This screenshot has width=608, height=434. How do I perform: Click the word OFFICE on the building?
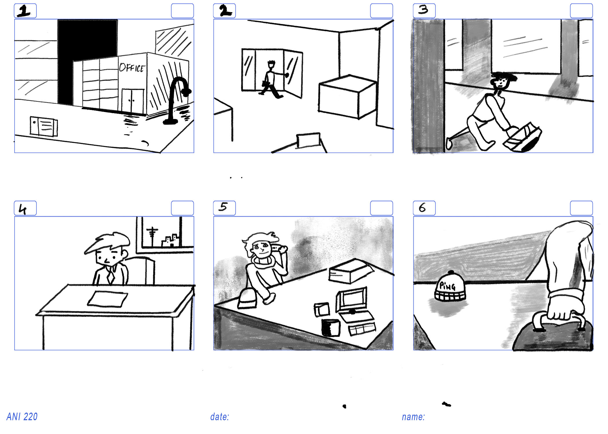pos(132,68)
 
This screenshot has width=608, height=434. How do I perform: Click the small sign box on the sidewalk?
pos(44,126)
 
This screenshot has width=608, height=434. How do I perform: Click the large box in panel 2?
pos(347,97)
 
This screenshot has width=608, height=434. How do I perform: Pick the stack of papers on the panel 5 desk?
pos(351,271)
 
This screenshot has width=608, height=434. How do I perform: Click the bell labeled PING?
pos(450,286)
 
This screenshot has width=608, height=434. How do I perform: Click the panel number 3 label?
pos(424,10)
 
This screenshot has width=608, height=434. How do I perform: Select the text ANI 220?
pos(22,417)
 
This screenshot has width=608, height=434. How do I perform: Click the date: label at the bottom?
pos(220,417)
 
